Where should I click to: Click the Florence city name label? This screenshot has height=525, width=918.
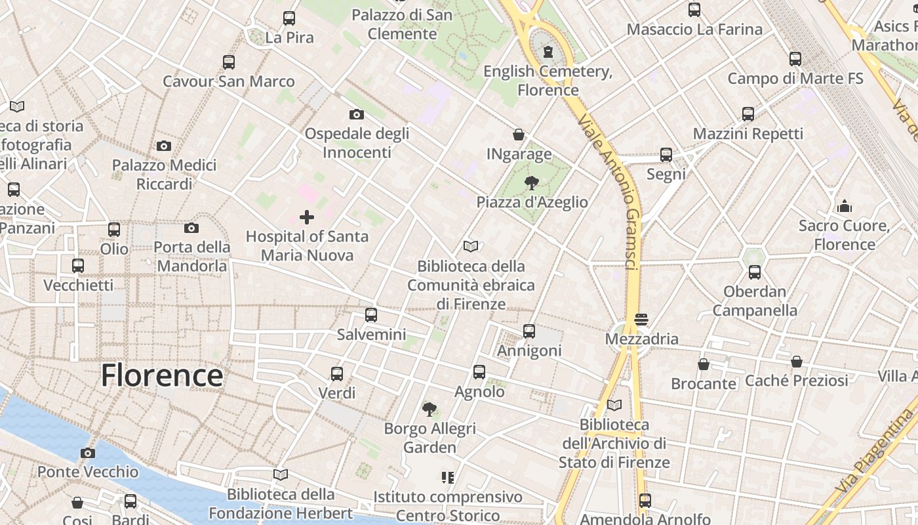click(162, 375)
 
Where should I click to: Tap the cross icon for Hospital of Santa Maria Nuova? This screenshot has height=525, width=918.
click(307, 217)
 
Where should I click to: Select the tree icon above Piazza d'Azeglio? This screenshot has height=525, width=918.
click(532, 183)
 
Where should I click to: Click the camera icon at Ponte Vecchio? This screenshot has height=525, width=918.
click(87, 453)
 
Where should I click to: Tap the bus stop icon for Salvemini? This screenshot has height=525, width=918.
click(371, 315)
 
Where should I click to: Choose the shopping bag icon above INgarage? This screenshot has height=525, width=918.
click(519, 135)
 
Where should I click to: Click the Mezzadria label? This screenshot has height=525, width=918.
click(642, 339)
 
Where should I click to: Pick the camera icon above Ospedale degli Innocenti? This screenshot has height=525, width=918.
click(357, 114)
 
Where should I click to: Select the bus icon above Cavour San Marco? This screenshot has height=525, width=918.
click(228, 62)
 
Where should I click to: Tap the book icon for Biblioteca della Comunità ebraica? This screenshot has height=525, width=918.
click(471, 246)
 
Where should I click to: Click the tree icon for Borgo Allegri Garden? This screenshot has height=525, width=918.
click(429, 409)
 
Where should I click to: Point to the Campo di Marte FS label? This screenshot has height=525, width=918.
click(795, 79)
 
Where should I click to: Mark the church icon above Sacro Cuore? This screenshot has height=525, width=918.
click(845, 207)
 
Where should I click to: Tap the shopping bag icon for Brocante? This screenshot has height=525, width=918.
click(704, 364)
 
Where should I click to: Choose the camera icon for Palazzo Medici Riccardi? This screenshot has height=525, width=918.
click(164, 146)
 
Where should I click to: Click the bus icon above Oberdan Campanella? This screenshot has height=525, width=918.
click(755, 272)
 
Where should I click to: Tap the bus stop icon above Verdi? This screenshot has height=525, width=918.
click(337, 374)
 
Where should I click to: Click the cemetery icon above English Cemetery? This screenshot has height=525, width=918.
click(548, 52)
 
